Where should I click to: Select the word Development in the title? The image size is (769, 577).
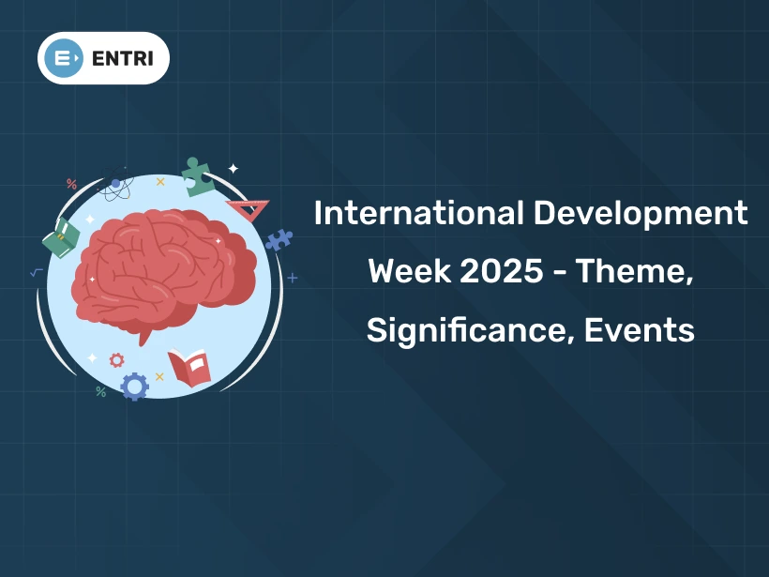(x=641, y=214)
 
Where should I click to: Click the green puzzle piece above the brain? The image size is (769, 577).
(x=197, y=175)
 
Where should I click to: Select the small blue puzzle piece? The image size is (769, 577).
(x=279, y=239)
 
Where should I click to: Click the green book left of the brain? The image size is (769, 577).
(x=63, y=237)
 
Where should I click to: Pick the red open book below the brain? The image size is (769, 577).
(x=189, y=366)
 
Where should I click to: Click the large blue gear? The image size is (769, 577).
(x=134, y=386)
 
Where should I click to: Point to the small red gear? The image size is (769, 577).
(x=116, y=359)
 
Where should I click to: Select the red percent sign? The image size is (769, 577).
(x=71, y=184)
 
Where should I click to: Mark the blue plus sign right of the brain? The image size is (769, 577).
(x=293, y=278)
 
